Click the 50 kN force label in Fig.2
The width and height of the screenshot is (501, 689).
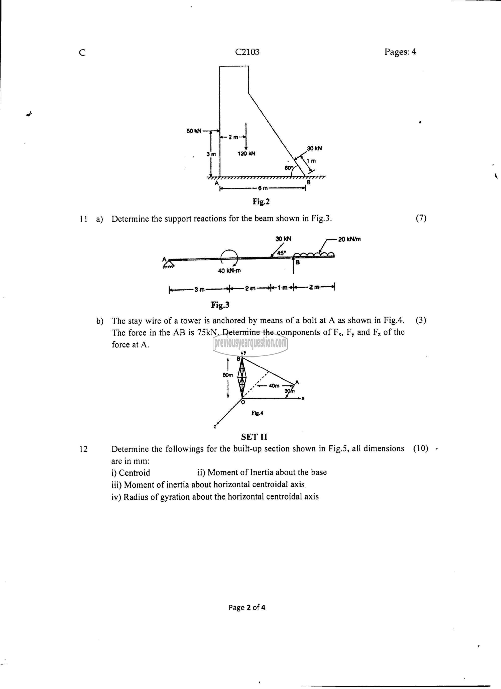coord(194,131)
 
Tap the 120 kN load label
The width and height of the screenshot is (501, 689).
coord(246,153)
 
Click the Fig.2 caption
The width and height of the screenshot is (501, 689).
coord(261,201)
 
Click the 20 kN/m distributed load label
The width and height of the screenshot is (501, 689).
coord(349,239)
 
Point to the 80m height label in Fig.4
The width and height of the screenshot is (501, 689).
coord(228,375)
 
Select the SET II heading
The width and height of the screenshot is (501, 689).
coord(254,437)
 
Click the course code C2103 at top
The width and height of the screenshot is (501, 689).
coord(247,52)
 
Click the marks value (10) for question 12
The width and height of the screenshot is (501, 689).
coord(420,448)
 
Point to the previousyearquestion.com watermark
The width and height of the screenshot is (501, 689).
coord(250,344)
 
